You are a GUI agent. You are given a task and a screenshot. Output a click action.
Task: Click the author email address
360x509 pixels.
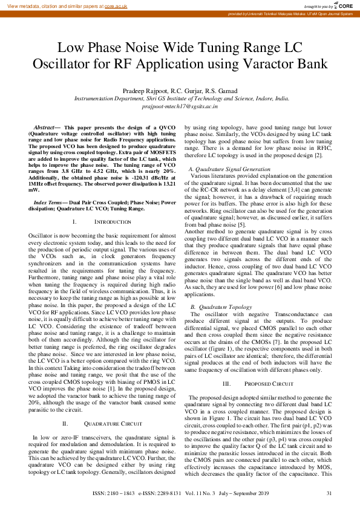tap(180, 105)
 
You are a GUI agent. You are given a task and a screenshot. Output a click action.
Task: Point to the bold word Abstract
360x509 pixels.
tap(44, 128)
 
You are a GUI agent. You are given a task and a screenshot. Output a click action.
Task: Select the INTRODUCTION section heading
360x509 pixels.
tap(108, 223)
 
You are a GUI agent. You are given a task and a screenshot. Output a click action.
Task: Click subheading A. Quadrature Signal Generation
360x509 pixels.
tap(230, 169)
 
